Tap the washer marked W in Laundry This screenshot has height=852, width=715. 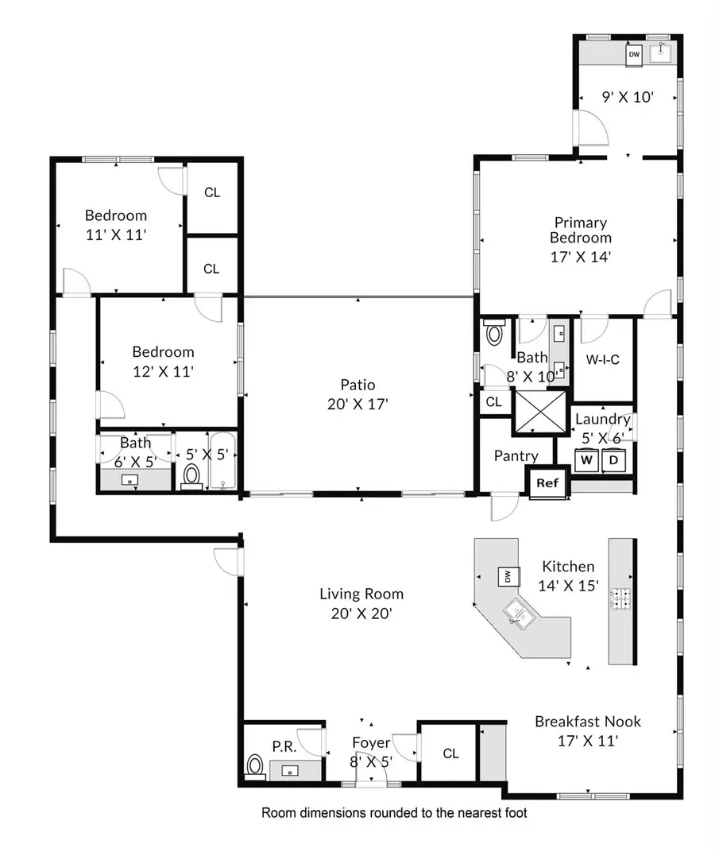pos(588,459)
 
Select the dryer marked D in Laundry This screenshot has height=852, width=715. pos(615,459)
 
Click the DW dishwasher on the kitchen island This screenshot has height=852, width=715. pos(506,575)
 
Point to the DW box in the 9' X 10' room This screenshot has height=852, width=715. pos(634,55)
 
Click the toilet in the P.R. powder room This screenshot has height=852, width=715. pos(255,765)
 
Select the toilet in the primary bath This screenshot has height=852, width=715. pos(494,331)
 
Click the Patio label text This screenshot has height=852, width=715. pos(359,385)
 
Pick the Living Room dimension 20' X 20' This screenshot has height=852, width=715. pos(361,614)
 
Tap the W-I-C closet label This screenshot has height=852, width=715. pos(602,360)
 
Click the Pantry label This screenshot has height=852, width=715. pos(516,456)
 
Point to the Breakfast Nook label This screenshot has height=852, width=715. pos(587,722)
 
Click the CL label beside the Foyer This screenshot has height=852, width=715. pos(451,753)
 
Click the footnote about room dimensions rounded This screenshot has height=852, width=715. pos(395,813)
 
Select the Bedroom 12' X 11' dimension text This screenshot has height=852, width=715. pos(163,370)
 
